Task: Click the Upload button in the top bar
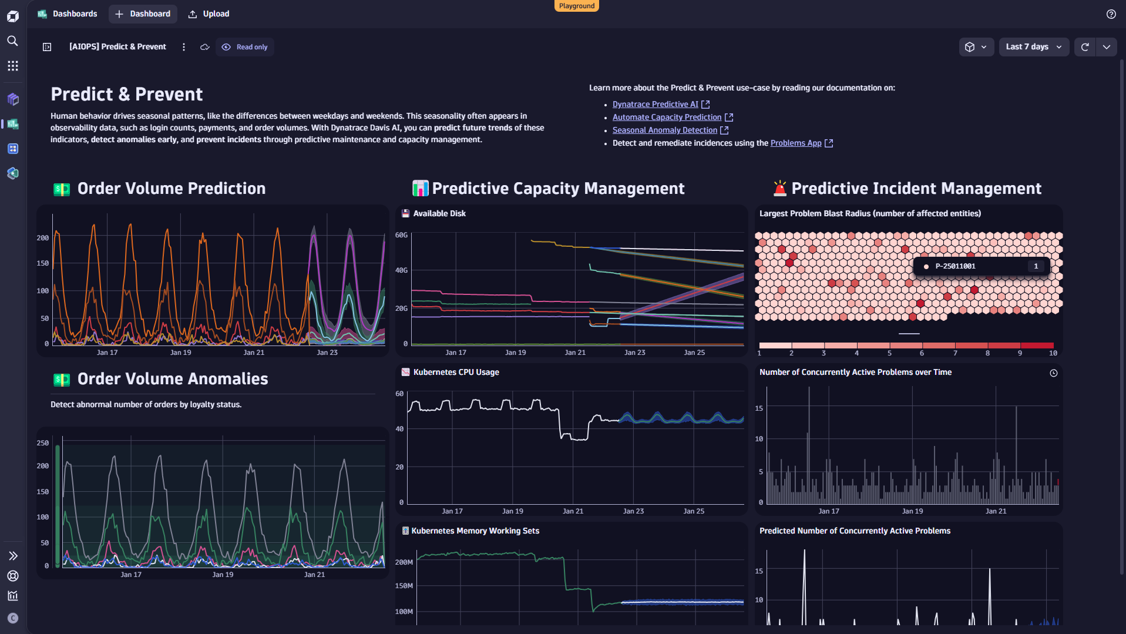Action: click(x=209, y=14)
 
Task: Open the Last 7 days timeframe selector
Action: click(x=1033, y=47)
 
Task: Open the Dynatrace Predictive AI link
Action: click(x=655, y=104)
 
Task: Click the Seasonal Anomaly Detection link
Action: click(x=664, y=130)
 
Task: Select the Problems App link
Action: click(x=795, y=143)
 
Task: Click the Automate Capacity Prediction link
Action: click(x=667, y=117)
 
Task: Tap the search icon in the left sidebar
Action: click(x=12, y=41)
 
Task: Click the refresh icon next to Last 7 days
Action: click(x=1084, y=47)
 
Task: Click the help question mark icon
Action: click(x=1111, y=14)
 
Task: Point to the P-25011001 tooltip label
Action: click(x=955, y=266)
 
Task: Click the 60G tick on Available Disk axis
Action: click(x=401, y=235)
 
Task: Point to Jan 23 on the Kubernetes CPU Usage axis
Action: click(x=633, y=511)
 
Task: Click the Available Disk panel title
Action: click(x=439, y=213)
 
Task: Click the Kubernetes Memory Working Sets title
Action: click(x=475, y=531)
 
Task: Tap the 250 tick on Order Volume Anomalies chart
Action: click(x=43, y=443)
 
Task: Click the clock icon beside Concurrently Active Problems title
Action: click(x=1053, y=373)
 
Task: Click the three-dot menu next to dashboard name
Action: click(x=184, y=47)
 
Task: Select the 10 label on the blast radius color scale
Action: click(x=1053, y=353)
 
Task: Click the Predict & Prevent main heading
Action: click(x=126, y=94)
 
